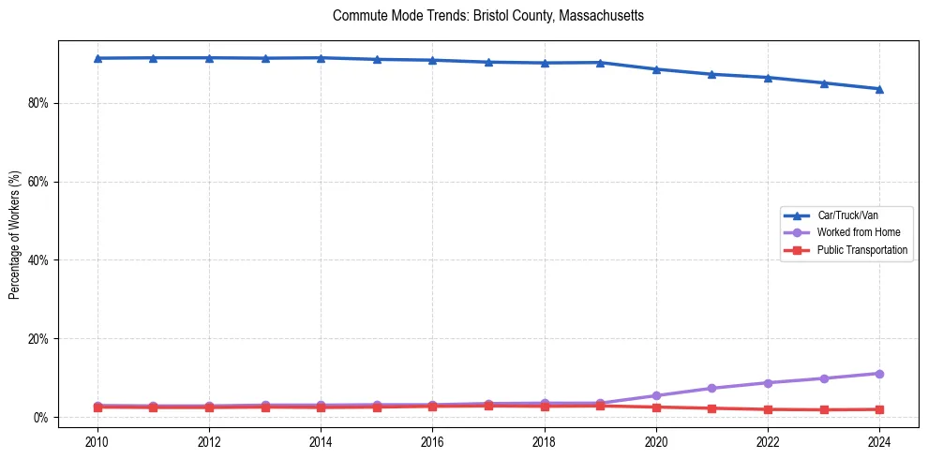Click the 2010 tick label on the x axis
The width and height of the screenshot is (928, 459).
pyautogui.click(x=97, y=442)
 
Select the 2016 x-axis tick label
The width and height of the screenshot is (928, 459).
pyautogui.click(x=432, y=442)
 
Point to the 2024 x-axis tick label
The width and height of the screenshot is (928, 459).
pyautogui.click(x=879, y=442)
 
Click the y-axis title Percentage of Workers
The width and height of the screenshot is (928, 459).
pyautogui.click(x=14, y=235)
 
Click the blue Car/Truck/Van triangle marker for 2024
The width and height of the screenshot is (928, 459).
pyautogui.click(x=879, y=89)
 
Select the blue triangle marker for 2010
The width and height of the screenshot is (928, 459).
pyautogui.click(x=97, y=58)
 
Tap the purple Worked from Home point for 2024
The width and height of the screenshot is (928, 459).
pyautogui.click(x=879, y=374)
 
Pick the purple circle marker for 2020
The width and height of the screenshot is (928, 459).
pyautogui.click(x=656, y=395)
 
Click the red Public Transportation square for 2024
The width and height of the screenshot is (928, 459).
pyautogui.click(x=879, y=409)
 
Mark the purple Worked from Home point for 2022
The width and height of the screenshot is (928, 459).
pyautogui.click(x=768, y=383)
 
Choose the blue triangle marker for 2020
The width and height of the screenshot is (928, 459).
pyautogui.click(x=656, y=69)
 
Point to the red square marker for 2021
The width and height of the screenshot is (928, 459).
pyautogui.click(x=711, y=408)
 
